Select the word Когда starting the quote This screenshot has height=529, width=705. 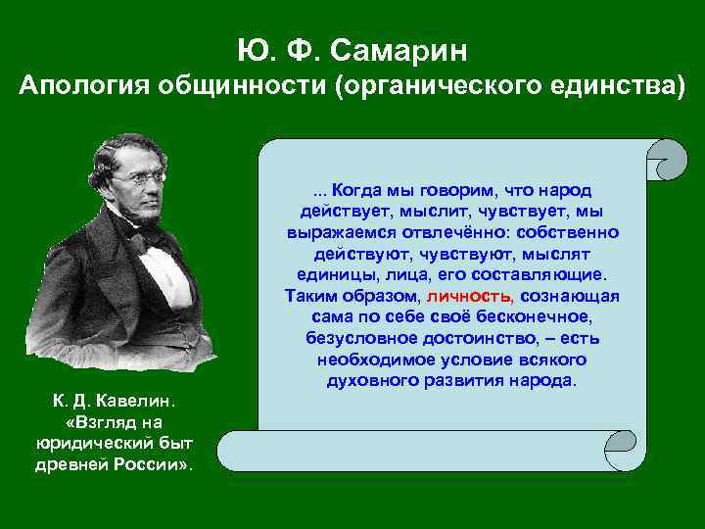[355, 189]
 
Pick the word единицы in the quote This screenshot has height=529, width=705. [328, 274]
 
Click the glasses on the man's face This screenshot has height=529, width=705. [143, 178]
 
